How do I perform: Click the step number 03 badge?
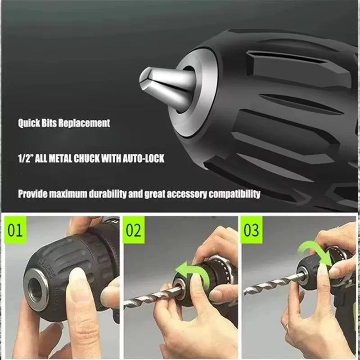coord(251,230)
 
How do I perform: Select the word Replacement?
coord(86,123)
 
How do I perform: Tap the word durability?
coord(112,194)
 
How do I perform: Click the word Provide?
coord(33,194)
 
